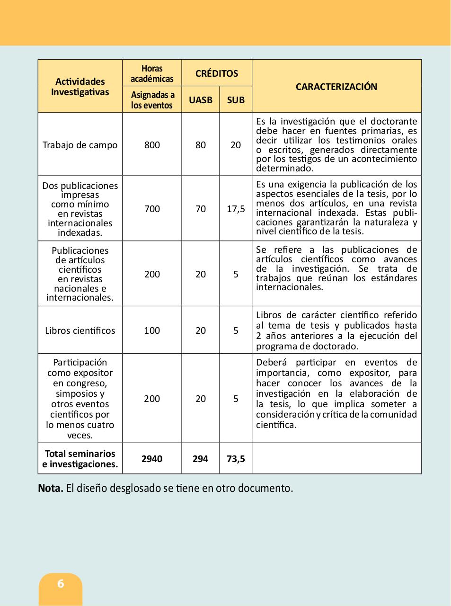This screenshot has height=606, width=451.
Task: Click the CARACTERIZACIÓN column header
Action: (336, 87)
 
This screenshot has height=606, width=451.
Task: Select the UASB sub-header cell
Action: (201, 100)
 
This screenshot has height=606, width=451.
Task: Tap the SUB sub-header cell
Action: (236, 100)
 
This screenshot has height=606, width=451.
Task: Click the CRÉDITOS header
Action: (217, 73)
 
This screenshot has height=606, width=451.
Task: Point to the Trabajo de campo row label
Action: (80, 145)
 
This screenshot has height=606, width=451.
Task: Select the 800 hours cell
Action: (152, 145)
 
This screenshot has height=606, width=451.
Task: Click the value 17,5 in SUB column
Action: (236, 209)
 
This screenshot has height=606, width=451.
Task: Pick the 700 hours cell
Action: (152, 209)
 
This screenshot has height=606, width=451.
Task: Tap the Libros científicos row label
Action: (80, 330)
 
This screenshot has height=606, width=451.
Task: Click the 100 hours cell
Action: (152, 330)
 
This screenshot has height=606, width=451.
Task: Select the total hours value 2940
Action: (152, 459)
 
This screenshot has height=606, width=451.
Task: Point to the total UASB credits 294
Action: (201, 459)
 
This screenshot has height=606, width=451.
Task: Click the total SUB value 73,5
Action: (236, 459)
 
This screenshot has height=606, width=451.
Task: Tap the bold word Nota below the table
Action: (50, 488)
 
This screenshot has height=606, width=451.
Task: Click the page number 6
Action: (61, 584)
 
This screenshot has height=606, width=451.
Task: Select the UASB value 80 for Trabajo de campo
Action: (201, 145)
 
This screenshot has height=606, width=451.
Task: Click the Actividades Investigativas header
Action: (80, 87)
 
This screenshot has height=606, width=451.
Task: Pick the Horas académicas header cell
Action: (152, 73)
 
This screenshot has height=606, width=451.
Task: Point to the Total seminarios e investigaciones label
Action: (80, 459)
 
